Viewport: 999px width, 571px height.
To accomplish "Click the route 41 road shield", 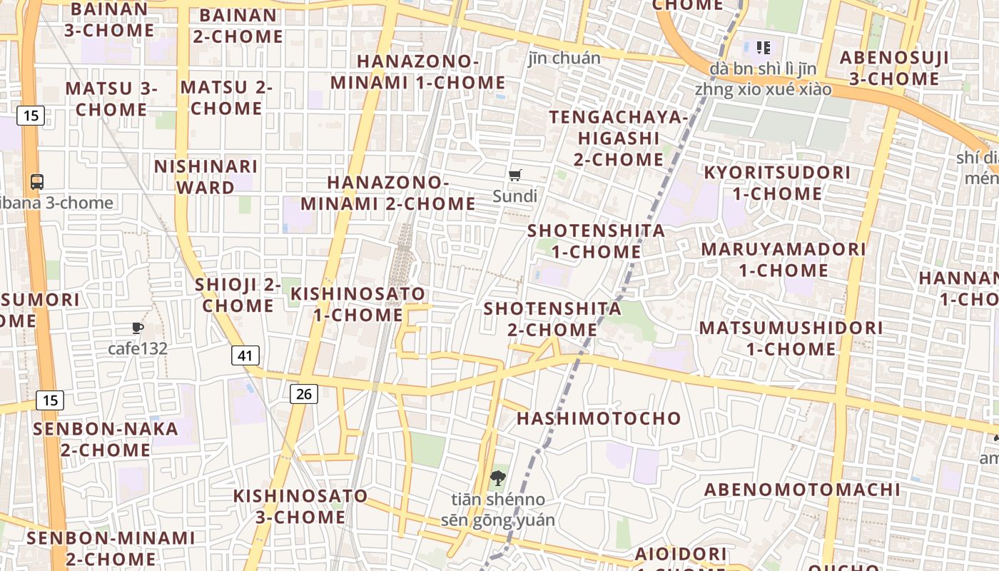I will (245, 355).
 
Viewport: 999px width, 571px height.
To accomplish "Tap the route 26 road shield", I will (303, 393).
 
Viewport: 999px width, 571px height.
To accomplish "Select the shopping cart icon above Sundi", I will (515, 175).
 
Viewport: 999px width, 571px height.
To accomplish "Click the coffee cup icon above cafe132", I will (138, 328).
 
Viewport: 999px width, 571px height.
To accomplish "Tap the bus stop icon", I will (37, 182).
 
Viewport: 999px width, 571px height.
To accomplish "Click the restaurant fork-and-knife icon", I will (764, 48).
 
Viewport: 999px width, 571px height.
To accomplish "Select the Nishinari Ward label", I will (206, 177).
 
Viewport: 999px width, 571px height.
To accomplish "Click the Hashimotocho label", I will (599, 418).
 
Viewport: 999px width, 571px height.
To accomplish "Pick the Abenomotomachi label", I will (803, 490).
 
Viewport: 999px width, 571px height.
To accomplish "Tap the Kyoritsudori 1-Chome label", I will (777, 183).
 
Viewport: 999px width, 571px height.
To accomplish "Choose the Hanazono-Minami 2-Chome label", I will (387, 193).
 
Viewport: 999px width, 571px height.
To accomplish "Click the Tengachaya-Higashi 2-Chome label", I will (619, 138).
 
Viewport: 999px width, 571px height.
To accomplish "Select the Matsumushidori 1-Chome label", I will (791, 338).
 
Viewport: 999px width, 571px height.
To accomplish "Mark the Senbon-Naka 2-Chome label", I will (106, 439).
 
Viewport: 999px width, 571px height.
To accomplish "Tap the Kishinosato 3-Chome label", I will (300, 506).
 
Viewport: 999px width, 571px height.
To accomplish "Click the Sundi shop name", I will (514, 196).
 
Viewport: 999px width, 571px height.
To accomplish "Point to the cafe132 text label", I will (138, 348).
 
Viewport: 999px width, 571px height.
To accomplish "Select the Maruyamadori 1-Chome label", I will (783, 260).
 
